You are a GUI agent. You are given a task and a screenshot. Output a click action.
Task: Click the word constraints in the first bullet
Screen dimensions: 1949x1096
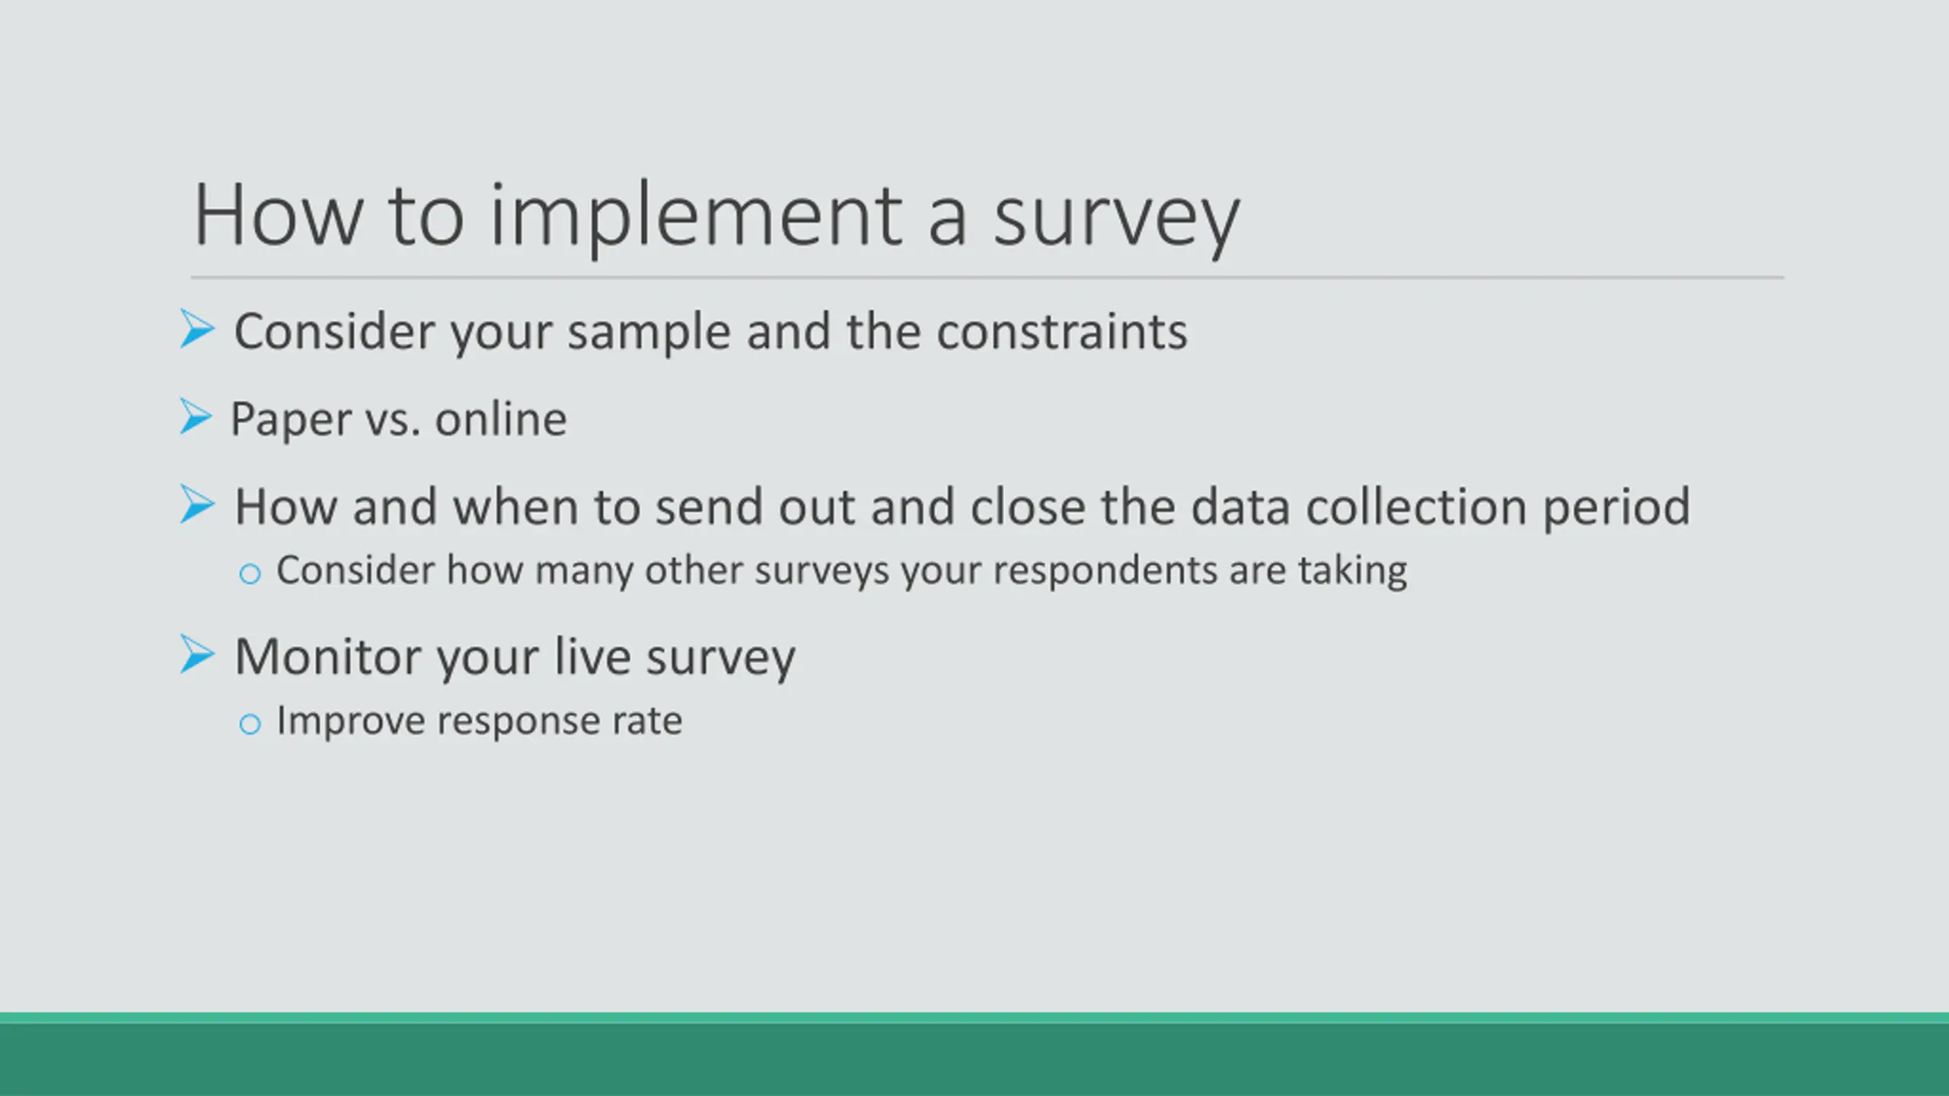[1061, 332]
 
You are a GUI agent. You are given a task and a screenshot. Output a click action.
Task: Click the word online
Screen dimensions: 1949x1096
[501, 419]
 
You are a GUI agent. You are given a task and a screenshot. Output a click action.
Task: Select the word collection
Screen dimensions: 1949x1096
[1416, 506]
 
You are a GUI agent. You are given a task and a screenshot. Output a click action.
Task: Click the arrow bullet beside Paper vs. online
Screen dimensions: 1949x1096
[196, 417]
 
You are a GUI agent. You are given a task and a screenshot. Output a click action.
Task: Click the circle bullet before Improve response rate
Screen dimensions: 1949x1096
[250, 724]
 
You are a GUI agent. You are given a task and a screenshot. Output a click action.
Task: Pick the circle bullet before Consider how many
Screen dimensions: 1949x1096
[250, 574]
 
